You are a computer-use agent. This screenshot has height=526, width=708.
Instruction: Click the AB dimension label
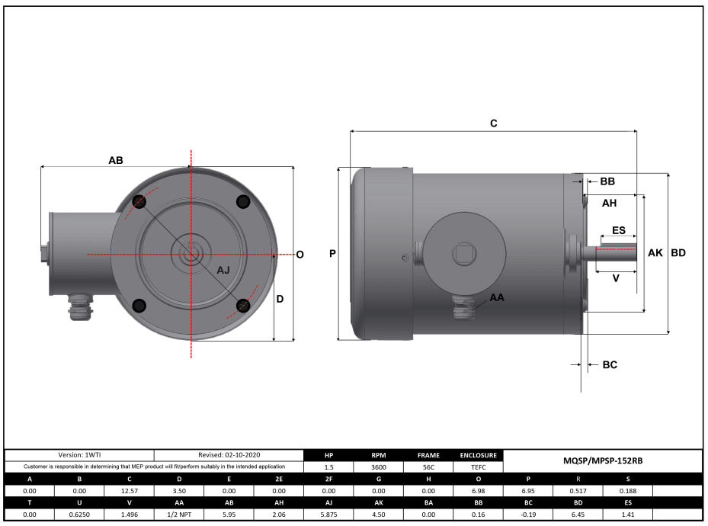click(116, 160)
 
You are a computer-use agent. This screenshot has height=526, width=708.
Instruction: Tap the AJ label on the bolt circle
click(223, 270)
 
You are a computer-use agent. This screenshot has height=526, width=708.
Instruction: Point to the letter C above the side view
click(494, 123)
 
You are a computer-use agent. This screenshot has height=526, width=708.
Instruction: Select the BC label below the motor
click(610, 365)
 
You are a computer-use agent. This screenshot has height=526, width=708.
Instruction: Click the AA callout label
click(497, 297)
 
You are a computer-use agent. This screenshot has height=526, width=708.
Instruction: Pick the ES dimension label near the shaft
click(619, 230)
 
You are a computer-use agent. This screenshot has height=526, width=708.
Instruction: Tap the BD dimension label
click(678, 253)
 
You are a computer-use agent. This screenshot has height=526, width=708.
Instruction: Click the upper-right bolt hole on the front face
click(243, 201)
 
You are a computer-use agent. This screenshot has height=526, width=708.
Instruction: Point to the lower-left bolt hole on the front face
click(139, 306)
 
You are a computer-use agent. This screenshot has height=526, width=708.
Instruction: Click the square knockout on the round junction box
click(464, 254)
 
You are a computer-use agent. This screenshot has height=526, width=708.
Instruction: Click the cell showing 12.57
click(129, 491)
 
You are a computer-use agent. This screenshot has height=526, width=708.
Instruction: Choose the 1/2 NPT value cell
click(179, 515)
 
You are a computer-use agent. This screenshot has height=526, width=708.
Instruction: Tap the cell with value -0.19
click(528, 515)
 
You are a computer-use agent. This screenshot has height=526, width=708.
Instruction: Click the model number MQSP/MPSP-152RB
click(603, 461)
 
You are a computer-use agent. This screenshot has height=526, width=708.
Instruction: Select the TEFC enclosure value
click(478, 467)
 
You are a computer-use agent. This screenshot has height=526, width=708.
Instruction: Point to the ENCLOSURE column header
click(478, 455)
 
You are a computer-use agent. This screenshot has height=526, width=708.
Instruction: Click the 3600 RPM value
click(378, 467)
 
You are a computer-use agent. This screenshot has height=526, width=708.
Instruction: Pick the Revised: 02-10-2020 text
click(229, 455)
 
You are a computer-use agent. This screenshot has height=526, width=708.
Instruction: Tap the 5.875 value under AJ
click(328, 515)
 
